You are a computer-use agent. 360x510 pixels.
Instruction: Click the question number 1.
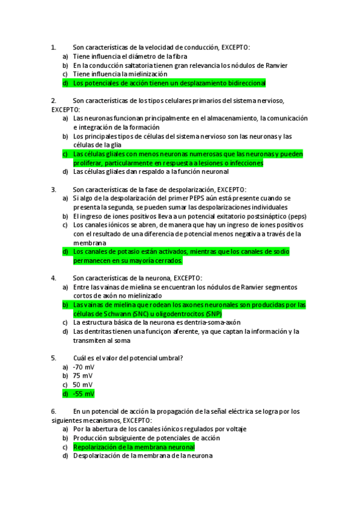(x=53, y=46)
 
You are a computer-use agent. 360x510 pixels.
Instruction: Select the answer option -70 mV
(x=83, y=367)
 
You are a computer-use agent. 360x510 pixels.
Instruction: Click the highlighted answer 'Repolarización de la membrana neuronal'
(x=133, y=447)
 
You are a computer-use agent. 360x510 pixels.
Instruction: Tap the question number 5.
(x=53, y=358)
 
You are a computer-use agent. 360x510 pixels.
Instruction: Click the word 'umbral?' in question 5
(x=170, y=358)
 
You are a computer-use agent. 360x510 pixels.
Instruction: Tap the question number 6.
(x=53, y=411)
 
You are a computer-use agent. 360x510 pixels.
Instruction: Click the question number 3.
(x=53, y=189)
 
